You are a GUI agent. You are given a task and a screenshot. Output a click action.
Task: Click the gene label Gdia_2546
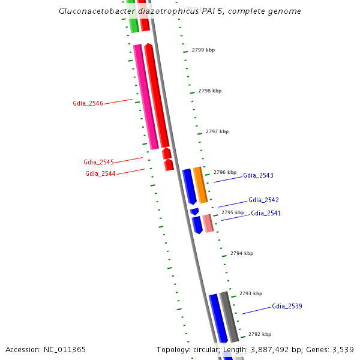coord(88,103)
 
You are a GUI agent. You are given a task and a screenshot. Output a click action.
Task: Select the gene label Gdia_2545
coord(98,162)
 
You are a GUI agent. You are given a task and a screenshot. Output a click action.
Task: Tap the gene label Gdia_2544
coord(100,173)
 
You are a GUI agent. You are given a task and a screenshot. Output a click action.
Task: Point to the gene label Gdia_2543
coord(258,175)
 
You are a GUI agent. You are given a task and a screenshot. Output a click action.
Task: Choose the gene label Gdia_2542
coord(263,200)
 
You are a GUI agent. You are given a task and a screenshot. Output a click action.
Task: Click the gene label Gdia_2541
coord(266,213)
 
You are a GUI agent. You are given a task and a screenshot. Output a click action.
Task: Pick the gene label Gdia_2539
coord(287,306)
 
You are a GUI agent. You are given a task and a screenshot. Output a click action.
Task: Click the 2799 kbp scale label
coord(203,50)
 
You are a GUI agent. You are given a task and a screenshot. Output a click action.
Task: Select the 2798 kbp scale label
coord(210,91)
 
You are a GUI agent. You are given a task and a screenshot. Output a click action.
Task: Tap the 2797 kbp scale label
coord(217,131)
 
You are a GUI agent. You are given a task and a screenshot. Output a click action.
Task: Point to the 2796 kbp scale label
coord(225,172)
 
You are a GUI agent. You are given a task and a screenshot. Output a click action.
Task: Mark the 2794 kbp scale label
coord(242,253)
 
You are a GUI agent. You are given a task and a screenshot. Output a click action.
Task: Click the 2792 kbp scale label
coord(260,334)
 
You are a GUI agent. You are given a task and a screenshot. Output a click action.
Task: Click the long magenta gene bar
coord(146,96)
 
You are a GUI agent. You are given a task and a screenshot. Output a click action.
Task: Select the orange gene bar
coord(200,185)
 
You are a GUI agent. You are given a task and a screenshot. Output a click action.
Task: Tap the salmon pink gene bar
coord(208,223)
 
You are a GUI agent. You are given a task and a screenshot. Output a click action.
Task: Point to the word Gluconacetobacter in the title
coord(93,11)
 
